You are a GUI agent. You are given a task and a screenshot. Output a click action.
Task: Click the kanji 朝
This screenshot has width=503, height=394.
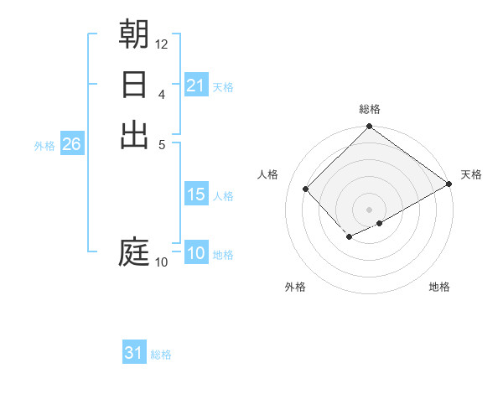[x=134, y=34]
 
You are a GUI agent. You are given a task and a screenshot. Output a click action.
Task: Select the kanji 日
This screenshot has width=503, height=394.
[x=134, y=86]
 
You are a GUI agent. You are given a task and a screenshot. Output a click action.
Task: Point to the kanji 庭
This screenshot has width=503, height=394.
[x=134, y=251]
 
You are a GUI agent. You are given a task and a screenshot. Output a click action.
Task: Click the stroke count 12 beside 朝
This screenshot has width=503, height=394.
[x=162, y=44]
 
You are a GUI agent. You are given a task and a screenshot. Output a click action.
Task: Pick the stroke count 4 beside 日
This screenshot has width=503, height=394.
[x=162, y=94]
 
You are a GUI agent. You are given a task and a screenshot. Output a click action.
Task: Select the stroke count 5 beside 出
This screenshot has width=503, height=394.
[x=162, y=144]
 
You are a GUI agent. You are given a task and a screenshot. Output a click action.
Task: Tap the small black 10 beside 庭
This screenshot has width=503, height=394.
[x=161, y=262]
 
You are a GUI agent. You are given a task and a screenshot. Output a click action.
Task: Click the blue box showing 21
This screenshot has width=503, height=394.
[x=196, y=86]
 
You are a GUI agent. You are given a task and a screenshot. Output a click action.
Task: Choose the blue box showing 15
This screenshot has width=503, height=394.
[x=196, y=194]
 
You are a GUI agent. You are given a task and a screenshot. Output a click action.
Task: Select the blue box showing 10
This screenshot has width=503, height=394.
[x=196, y=254]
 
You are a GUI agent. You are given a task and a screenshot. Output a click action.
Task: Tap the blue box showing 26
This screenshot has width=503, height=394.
[x=71, y=144]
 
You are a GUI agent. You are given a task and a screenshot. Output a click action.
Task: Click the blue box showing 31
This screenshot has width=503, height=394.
[x=134, y=353]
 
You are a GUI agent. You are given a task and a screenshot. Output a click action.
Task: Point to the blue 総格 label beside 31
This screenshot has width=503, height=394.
[x=161, y=355]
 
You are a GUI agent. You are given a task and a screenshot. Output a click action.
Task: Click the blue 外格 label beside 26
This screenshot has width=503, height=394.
[x=44, y=146]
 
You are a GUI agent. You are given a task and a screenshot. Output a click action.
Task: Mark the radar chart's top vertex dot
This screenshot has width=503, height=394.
[x=369, y=127]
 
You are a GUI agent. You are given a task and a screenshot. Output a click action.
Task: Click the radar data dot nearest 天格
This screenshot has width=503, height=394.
[x=449, y=184]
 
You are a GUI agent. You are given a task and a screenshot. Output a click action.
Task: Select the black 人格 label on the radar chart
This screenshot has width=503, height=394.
[x=268, y=174]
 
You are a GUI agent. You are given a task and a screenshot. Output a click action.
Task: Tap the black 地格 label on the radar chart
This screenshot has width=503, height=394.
[x=439, y=287]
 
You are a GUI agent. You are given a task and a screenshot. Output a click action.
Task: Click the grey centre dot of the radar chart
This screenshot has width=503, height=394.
[x=369, y=209]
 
